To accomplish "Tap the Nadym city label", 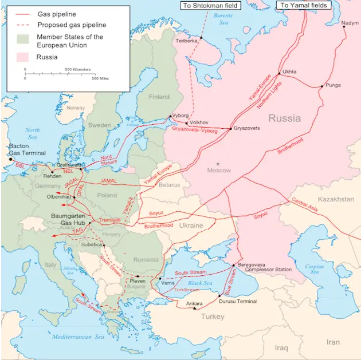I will (x=350, y=23).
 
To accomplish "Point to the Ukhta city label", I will (x=290, y=72).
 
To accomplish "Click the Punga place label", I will (x=333, y=85).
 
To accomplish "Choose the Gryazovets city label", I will (x=246, y=128).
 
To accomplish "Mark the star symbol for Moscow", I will (x=217, y=164).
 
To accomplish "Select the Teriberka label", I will (x=187, y=41).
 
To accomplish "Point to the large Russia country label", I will (x=284, y=118).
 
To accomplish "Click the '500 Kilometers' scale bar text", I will (x=77, y=69).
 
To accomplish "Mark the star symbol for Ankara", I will (x=195, y=308).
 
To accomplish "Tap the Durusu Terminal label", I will (x=238, y=301).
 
